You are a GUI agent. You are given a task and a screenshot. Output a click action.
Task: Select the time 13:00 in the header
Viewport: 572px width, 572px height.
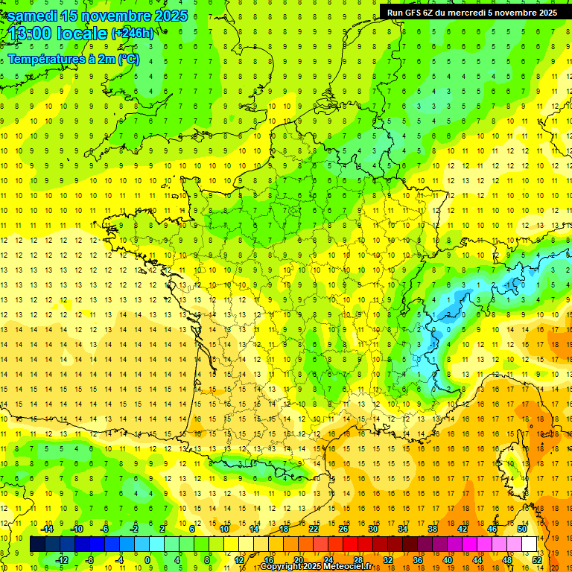coord(34,34)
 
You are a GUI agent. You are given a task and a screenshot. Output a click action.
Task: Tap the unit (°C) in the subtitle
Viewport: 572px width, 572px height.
coord(127,59)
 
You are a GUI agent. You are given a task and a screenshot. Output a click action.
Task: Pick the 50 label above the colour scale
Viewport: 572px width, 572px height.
coord(521,529)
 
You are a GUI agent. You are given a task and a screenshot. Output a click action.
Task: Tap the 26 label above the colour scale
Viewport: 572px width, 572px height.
coord(343,529)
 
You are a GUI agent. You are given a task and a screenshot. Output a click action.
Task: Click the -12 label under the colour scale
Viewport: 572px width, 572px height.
coord(63,560)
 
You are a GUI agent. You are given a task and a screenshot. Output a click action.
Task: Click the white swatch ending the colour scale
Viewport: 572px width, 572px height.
coord(529,544)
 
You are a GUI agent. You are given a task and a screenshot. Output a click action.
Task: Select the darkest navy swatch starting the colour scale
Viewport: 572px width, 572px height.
coord(37,544)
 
